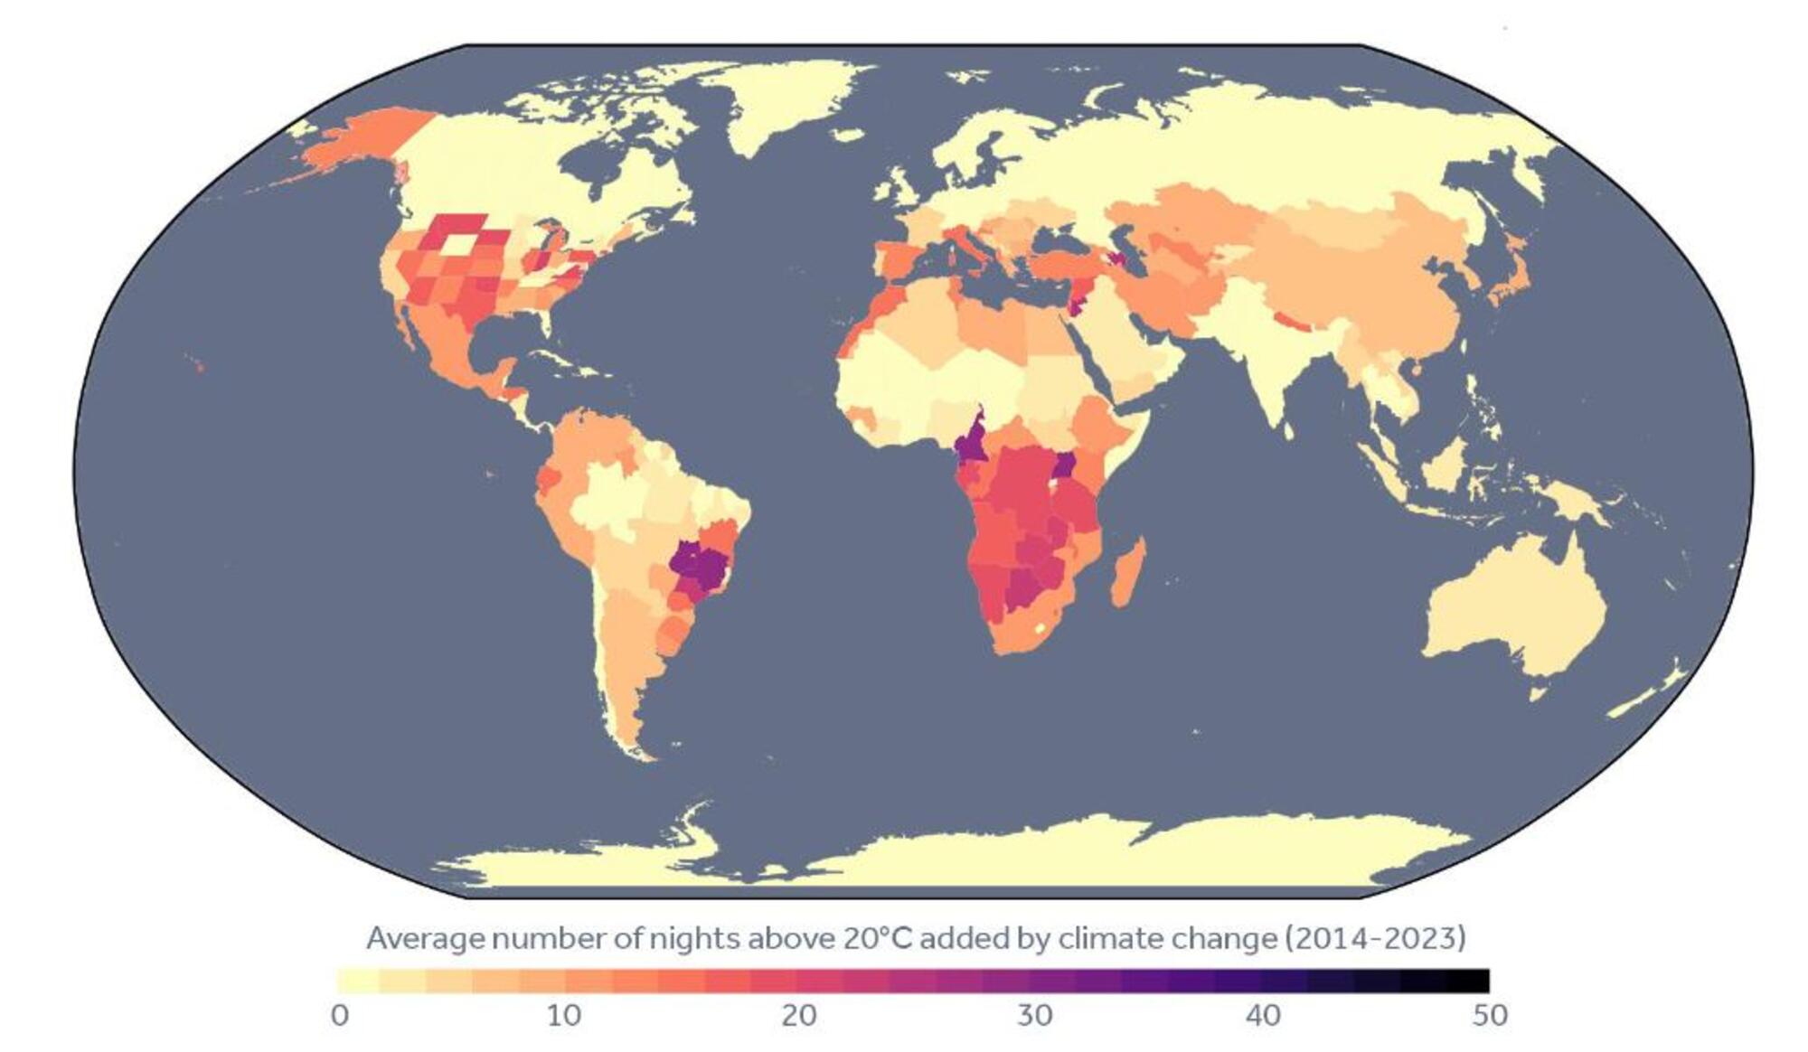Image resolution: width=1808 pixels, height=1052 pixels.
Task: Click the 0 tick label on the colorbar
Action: (x=340, y=1015)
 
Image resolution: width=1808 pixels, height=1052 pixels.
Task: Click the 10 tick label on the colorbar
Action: (x=563, y=1015)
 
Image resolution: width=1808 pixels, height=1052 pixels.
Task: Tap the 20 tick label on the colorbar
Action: (x=799, y=1015)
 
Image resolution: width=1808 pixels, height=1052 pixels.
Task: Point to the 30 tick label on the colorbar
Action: (x=1034, y=1015)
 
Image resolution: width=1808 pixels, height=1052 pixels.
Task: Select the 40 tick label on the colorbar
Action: (x=1263, y=1015)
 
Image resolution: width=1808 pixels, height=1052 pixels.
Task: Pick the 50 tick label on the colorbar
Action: (x=1490, y=1015)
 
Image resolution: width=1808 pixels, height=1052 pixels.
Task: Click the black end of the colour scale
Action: (x=1469, y=981)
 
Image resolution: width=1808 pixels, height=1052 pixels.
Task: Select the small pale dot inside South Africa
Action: (x=1041, y=626)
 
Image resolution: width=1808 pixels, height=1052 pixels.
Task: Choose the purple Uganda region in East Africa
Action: (x=1065, y=465)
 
